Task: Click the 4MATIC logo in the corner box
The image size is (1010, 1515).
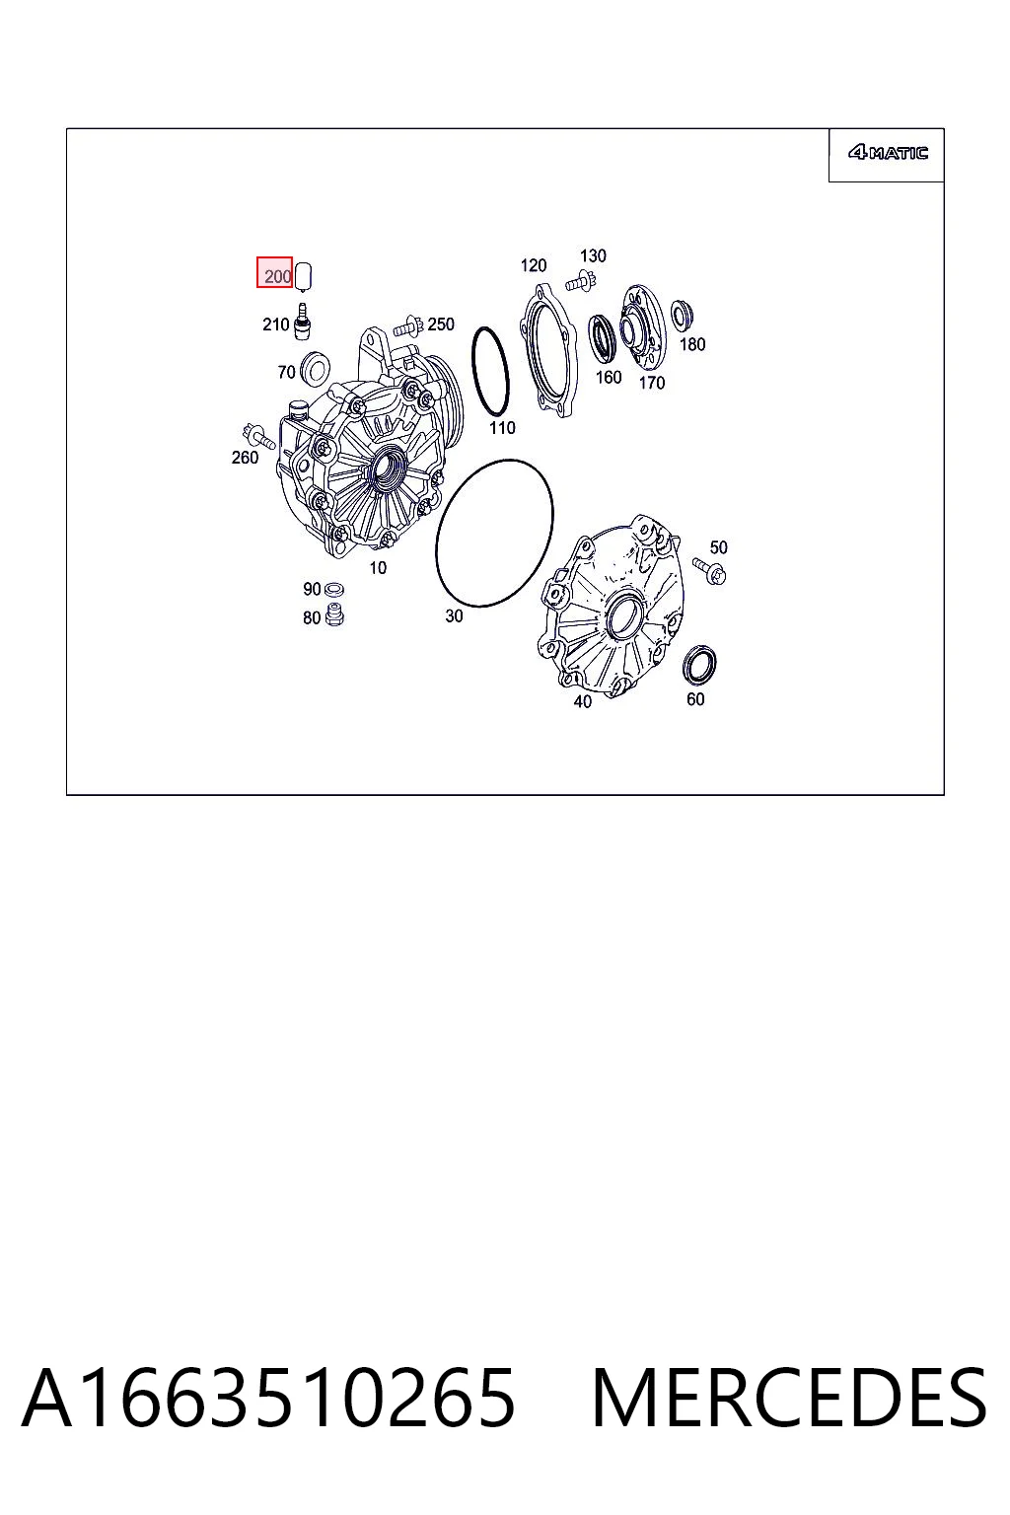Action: (x=888, y=153)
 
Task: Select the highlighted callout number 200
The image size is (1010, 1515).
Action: (x=277, y=276)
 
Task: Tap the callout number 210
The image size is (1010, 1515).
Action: (x=275, y=325)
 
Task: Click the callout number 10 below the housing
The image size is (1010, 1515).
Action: (x=378, y=567)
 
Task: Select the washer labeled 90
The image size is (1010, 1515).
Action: (x=333, y=588)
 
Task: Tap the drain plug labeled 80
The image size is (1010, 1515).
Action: (x=334, y=614)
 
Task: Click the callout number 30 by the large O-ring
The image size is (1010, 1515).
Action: (x=454, y=616)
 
